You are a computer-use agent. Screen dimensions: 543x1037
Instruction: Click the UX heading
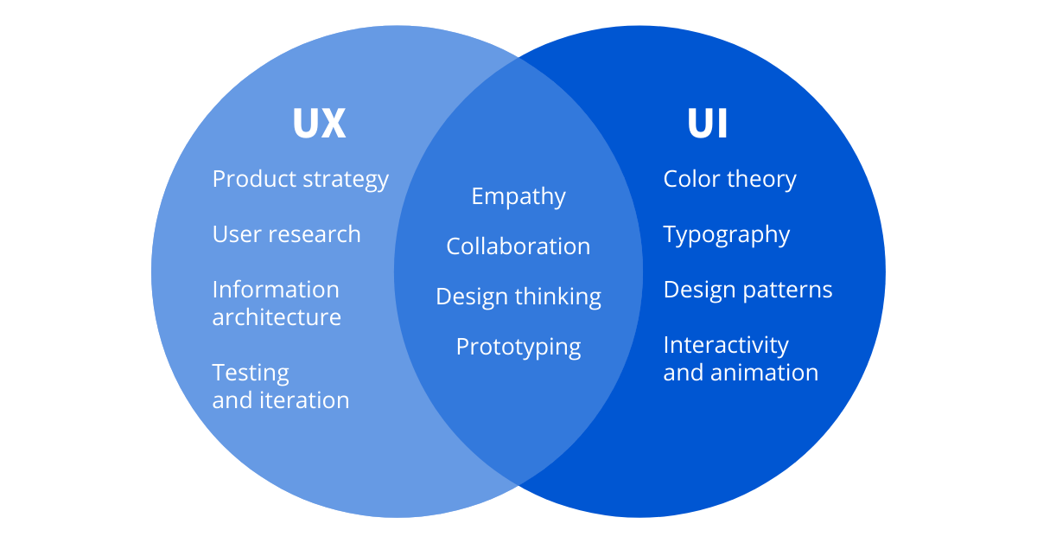point(319,124)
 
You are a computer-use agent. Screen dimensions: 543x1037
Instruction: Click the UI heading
point(708,124)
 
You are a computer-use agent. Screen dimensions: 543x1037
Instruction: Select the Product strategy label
point(300,180)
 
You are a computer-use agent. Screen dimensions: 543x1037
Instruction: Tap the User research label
point(286,234)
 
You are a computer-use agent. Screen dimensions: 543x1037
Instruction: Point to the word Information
point(276,289)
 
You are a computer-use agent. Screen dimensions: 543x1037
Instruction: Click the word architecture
point(277,317)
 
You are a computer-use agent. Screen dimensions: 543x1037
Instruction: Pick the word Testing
point(251,373)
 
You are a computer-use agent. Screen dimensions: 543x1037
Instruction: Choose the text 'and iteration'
point(281,400)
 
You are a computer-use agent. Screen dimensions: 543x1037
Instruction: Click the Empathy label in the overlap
point(518,197)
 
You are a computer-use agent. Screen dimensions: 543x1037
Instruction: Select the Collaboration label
point(518,246)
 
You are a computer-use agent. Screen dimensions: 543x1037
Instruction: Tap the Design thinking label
point(518,297)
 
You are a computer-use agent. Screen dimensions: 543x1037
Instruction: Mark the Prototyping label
point(518,348)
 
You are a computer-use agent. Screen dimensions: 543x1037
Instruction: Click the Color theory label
point(729,179)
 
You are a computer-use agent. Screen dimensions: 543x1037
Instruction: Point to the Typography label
point(727,235)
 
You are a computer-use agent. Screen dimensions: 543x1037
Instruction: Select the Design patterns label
point(748,290)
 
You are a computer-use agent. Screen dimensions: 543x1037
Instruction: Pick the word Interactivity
point(726,345)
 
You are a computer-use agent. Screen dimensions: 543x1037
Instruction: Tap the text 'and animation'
point(741,373)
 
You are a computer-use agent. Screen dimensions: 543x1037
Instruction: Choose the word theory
point(761,180)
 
